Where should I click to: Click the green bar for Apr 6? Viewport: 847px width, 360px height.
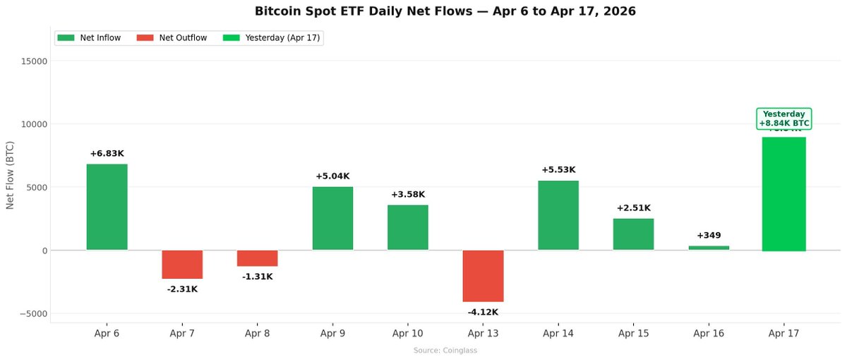(107, 207)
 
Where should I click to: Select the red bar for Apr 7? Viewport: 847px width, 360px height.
(182, 265)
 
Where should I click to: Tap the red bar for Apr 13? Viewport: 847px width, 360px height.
(483, 276)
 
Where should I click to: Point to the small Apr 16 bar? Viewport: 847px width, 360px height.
(709, 248)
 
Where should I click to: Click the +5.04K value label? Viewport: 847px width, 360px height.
(332, 176)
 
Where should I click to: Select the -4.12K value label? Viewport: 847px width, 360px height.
(483, 312)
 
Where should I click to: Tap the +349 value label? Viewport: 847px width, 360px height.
(709, 235)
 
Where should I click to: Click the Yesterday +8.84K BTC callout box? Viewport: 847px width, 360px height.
(783, 119)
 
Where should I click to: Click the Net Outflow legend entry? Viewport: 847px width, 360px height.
(174, 38)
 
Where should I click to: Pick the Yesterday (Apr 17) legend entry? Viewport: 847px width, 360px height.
(272, 38)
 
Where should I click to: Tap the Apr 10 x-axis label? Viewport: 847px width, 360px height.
(407, 333)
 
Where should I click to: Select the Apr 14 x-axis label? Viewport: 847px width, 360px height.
(558, 333)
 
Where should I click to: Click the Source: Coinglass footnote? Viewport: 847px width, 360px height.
(445, 351)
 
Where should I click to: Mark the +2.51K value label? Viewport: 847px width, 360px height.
(633, 208)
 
